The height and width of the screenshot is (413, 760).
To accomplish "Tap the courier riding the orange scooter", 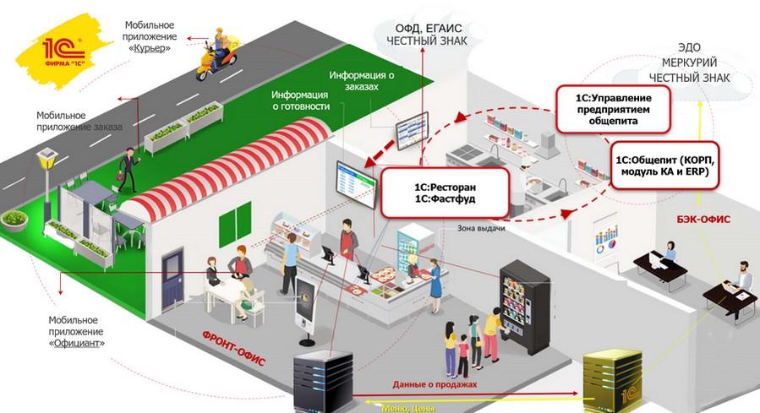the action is [x=217, y=54].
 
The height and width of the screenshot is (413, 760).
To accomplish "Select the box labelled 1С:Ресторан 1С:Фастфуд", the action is [x=445, y=193].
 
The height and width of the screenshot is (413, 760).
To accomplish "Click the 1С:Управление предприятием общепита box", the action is [x=613, y=110].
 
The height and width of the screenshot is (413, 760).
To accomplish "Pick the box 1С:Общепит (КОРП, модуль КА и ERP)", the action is [x=664, y=166].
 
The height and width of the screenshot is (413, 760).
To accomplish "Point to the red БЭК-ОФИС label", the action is [x=703, y=220].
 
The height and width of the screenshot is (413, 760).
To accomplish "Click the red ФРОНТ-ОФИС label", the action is [x=233, y=349].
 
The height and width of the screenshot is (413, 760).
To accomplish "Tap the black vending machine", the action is [x=525, y=307].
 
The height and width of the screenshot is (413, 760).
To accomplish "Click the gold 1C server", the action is [x=612, y=382].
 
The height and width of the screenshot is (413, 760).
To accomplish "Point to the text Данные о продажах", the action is [x=435, y=384].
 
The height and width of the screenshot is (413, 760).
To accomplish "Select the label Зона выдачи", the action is [x=481, y=228].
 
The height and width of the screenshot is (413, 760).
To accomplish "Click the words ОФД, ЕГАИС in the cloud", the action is [x=429, y=28].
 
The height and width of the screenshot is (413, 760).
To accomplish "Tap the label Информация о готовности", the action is [x=300, y=101].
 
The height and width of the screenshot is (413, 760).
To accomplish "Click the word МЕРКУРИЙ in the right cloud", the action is [x=689, y=63].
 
